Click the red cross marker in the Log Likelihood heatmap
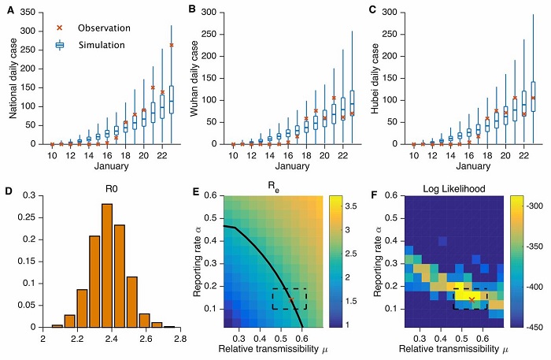[471, 299]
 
